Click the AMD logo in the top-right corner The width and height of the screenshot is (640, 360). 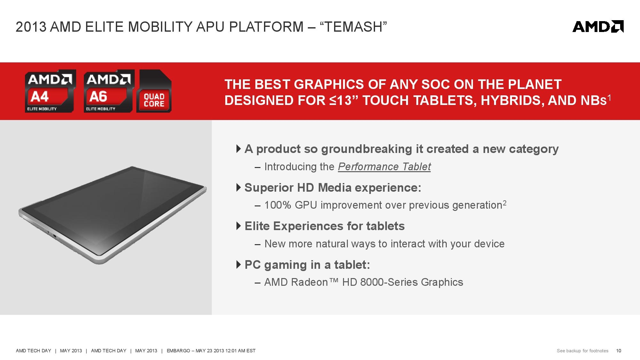click(598, 27)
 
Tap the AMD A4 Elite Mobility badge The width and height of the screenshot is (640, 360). click(50, 91)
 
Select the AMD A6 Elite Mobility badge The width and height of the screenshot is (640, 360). click(109, 91)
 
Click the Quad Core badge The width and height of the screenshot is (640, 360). click(154, 91)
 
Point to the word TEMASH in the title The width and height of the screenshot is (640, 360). click(354, 27)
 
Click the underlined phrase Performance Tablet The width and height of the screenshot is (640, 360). click(384, 167)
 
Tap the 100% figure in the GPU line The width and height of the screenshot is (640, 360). click(278, 205)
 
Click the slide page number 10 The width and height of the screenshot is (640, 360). click(619, 351)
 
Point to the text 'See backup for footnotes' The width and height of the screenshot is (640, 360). click(582, 351)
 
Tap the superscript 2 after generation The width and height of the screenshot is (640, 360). click(504, 203)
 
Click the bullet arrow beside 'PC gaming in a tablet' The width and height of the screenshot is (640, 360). click(238, 265)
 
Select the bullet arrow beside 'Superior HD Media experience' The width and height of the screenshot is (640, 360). click(238, 188)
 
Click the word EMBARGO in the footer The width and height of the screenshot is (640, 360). click(178, 351)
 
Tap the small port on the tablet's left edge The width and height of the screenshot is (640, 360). click(55, 237)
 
